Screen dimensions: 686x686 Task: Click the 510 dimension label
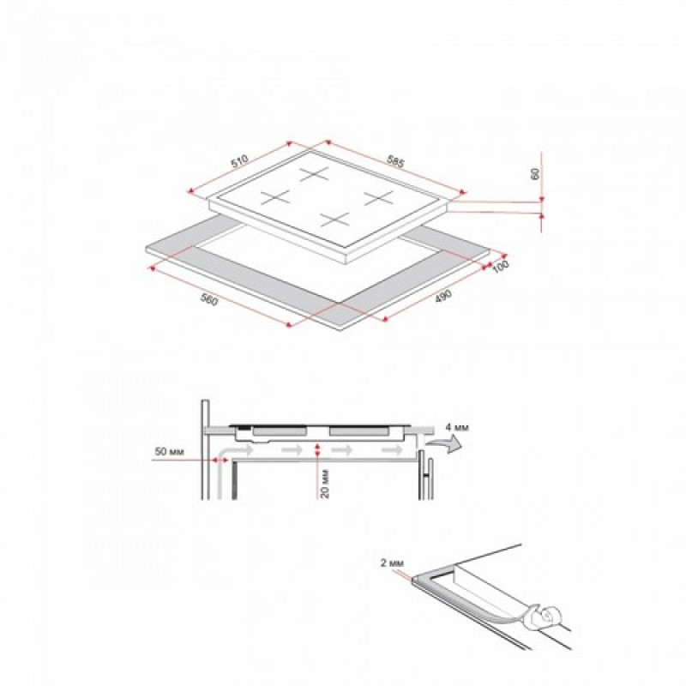(x=240, y=161)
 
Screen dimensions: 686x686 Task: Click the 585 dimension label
(x=395, y=161)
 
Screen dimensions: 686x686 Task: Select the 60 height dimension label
(x=534, y=174)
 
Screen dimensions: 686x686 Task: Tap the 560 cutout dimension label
(x=209, y=299)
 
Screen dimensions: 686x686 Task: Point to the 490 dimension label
(x=442, y=296)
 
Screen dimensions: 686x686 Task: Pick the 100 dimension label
(x=501, y=267)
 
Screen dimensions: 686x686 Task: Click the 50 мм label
(x=169, y=451)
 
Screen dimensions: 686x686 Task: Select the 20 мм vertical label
(x=325, y=484)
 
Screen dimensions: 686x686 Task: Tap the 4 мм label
(x=457, y=427)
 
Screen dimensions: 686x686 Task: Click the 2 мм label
(x=392, y=563)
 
